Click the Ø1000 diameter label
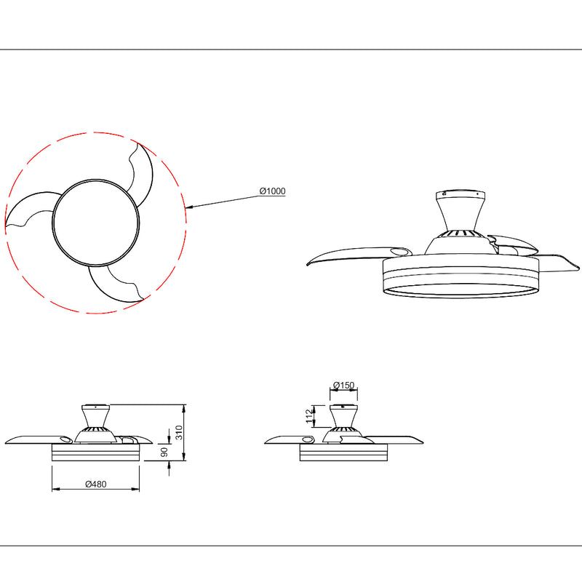click(272, 191)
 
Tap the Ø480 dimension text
click(96, 484)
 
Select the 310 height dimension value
click(178, 434)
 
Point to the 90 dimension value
click(165, 453)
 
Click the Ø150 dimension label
click(343, 385)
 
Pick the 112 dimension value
click(309, 416)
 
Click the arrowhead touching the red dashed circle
click(188, 208)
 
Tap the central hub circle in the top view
click(95, 223)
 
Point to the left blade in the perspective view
click(349, 255)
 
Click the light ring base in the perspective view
click(456, 290)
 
